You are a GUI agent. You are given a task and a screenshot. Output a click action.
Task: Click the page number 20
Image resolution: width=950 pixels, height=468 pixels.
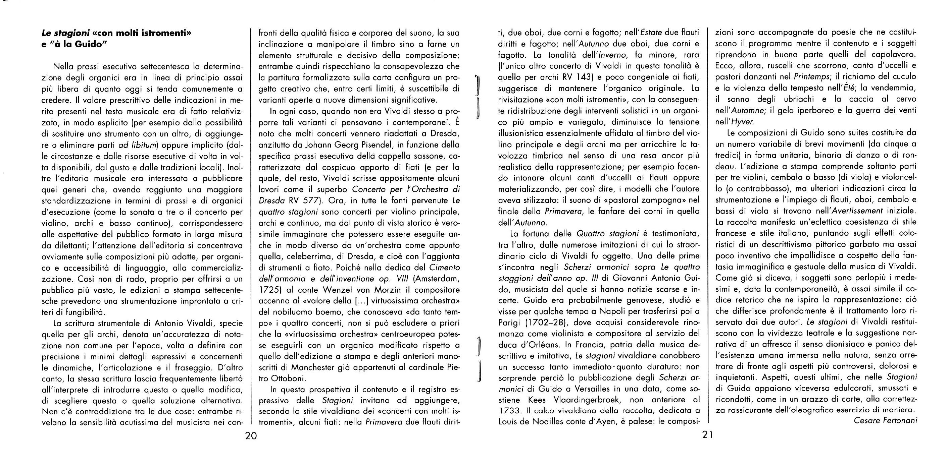click(251, 436)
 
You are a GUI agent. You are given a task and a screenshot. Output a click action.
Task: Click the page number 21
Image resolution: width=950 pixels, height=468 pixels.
click(707, 435)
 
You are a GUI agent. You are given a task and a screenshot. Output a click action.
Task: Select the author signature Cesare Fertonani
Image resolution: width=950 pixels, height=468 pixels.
click(885, 420)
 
